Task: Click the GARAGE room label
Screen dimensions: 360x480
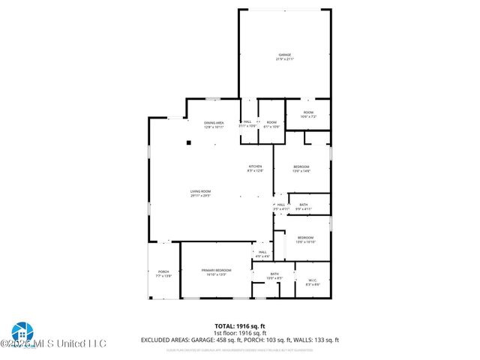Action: [x=285, y=55]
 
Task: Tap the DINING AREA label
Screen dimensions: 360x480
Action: [x=214, y=123]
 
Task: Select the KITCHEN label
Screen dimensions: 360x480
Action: [x=256, y=166]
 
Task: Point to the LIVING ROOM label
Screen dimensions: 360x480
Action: [x=200, y=192]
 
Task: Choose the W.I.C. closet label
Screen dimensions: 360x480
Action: [x=313, y=280]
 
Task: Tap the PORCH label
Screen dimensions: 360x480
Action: [x=163, y=271]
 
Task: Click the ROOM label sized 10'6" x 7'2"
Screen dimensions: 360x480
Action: [x=307, y=112]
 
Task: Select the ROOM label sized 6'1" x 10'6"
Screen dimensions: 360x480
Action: [x=271, y=122]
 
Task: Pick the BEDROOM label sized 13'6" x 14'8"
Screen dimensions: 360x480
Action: [x=301, y=166]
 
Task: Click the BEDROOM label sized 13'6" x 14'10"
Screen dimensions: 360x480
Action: [x=305, y=238]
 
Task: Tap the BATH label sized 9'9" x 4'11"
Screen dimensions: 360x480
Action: [x=303, y=205]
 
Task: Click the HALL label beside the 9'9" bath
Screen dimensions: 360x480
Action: [x=281, y=205]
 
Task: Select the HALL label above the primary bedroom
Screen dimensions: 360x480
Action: [x=262, y=252]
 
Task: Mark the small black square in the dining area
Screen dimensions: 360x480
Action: [x=190, y=142]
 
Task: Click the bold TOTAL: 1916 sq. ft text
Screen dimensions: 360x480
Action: [x=239, y=325]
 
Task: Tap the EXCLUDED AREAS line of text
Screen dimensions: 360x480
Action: [x=239, y=340]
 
